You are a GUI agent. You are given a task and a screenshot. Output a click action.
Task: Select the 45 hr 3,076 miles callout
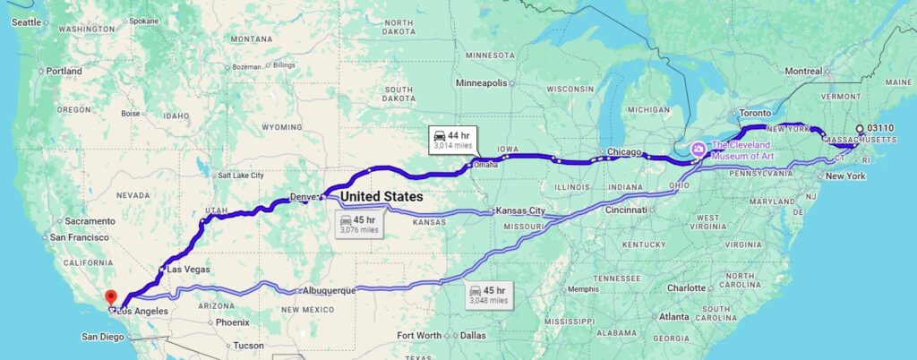pyautogui.click(x=360, y=224)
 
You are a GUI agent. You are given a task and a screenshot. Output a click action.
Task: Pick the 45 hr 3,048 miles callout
pyautogui.click(x=487, y=295)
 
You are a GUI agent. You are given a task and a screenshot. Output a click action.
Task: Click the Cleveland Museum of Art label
pyautogui.click(x=742, y=149)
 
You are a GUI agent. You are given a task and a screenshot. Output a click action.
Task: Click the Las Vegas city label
pyautogui.click(x=189, y=270)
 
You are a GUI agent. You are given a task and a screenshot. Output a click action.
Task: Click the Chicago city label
pyautogui.click(x=624, y=152)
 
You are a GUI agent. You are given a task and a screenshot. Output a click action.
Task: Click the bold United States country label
pyautogui.click(x=381, y=195)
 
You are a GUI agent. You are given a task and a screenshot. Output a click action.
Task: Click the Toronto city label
pyautogui.click(x=754, y=114)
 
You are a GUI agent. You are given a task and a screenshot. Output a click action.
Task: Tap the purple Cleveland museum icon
pyautogui.click(x=698, y=147)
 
